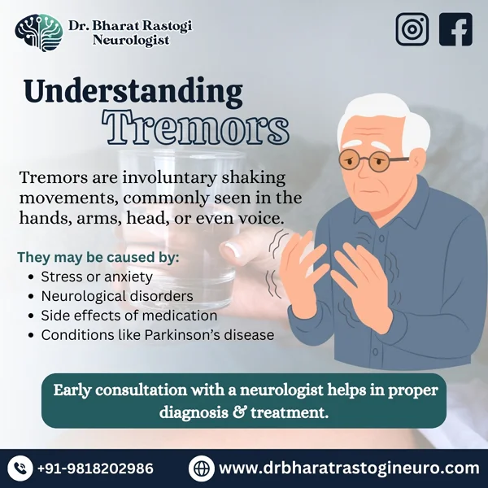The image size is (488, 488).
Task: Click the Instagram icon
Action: point(412,29)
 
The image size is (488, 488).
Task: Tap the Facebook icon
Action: point(455,29)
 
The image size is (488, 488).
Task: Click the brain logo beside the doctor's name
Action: point(39,33)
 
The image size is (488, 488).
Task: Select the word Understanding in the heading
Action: point(133,91)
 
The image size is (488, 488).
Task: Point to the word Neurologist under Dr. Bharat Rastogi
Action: point(131,40)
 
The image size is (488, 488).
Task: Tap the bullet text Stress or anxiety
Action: point(97,277)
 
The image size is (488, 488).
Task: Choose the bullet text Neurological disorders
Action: point(117,296)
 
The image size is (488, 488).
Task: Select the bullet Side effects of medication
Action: point(129,316)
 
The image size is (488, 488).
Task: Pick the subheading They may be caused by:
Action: point(98,257)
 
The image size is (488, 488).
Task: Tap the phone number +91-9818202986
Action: point(95,468)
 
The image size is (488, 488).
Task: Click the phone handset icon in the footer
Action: point(20,468)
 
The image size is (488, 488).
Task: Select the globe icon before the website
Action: point(202,468)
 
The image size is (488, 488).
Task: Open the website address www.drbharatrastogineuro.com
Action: point(349,468)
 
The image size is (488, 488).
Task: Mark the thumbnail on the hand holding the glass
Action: point(233,250)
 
